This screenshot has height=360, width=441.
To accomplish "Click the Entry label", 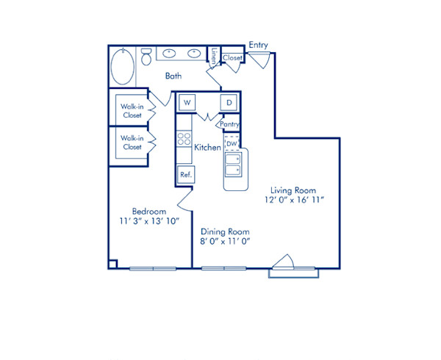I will (258, 45).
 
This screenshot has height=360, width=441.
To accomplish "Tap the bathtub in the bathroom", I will (123, 68).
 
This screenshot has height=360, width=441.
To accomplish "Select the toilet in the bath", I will (147, 56).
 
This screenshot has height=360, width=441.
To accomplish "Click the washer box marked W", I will (187, 102).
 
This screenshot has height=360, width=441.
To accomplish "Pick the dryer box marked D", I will (229, 102).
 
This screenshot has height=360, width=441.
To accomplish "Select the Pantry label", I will (231, 125).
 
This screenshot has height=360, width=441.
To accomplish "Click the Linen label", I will (213, 55).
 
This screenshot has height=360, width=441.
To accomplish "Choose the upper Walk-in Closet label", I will (132, 109).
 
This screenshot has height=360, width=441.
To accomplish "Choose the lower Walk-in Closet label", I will (132, 143).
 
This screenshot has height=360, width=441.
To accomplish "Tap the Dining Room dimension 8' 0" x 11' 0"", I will (226, 240).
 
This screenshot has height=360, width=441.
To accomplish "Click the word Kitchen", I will (207, 148).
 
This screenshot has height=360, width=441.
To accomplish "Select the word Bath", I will (173, 76).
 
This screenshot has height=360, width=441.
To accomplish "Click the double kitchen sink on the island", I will (234, 165).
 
